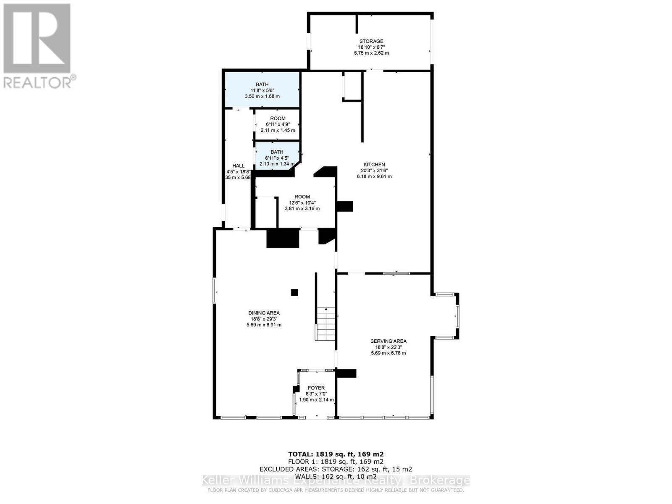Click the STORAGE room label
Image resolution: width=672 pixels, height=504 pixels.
[x=371, y=41]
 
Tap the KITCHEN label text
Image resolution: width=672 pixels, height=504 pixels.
[x=374, y=165]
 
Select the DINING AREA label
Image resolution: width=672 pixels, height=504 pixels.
[x=264, y=313]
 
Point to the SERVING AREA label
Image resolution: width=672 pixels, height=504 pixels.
[x=388, y=341]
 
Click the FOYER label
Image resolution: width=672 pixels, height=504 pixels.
[x=316, y=388]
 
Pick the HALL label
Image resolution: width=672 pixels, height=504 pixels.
[x=238, y=166]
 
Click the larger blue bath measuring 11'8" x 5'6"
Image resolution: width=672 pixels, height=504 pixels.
[x=262, y=90]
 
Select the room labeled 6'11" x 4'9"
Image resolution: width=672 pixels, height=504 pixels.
[x=278, y=124]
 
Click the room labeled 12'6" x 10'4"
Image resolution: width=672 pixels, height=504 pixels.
[x=302, y=202]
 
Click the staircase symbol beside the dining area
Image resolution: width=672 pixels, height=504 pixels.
[x=325, y=323]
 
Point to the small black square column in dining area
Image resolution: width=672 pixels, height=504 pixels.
[x=294, y=292]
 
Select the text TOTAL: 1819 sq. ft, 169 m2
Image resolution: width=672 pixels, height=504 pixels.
[x=336, y=454]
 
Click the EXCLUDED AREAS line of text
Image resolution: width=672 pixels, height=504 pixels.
[x=336, y=469]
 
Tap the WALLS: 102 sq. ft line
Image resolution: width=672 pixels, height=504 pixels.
[x=336, y=476]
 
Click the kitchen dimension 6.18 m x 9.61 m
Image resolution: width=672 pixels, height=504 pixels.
[x=374, y=176]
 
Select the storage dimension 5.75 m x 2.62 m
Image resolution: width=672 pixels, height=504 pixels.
[x=371, y=53]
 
